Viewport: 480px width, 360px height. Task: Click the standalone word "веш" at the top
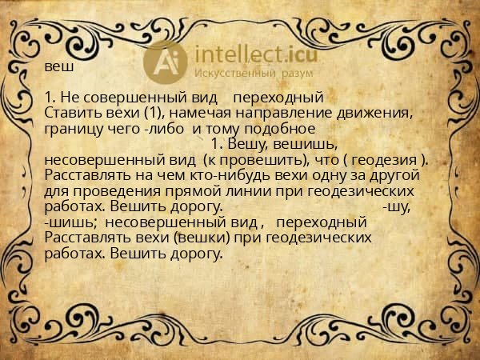click(58, 66)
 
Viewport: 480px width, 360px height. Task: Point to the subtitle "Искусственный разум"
click(249, 74)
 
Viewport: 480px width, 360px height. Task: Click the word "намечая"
click(196, 112)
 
